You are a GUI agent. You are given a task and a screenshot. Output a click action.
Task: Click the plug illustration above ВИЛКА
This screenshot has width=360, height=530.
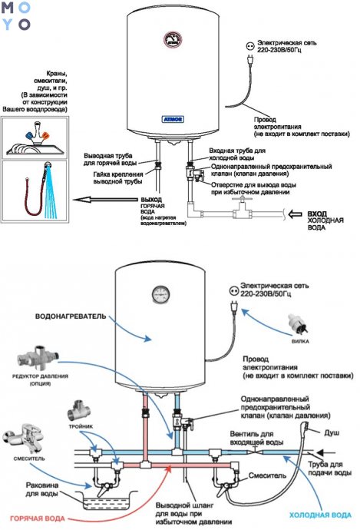pos(300,322)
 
